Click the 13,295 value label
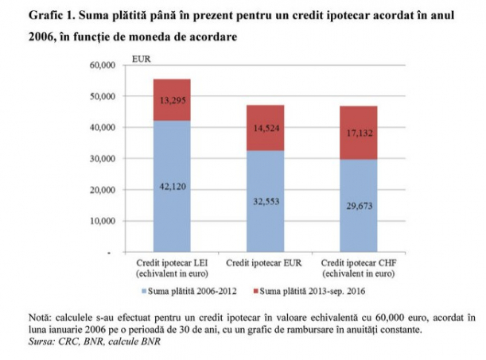click(x=173, y=100)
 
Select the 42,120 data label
click(x=173, y=186)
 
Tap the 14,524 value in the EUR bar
click(x=266, y=128)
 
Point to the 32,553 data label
click(x=266, y=202)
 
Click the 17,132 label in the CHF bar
click(x=360, y=133)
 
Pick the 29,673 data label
click(x=360, y=206)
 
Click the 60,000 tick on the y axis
click(x=103, y=65)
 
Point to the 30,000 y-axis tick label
click(x=103, y=159)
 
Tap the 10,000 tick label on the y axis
click(x=103, y=221)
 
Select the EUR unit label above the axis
click(x=141, y=59)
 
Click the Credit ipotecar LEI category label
click(x=172, y=268)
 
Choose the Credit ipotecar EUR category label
click(x=264, y=263)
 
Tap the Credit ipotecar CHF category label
click(x=359, y=268)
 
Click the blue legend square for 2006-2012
click(x=144, y=292)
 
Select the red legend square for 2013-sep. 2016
click(x=255, y=292)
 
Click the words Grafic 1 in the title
click(x=52, y=15)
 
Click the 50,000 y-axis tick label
click(x=103, y=97)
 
